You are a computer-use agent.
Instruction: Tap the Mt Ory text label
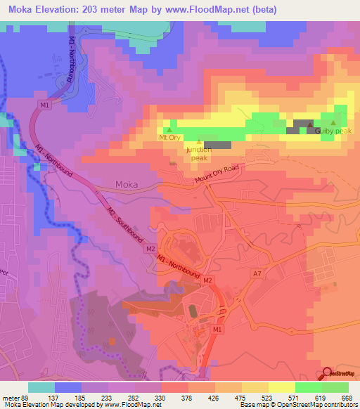pos(170,138)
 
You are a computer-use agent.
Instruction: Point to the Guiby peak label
pos(333,131)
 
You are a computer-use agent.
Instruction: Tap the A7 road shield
pos(257,273)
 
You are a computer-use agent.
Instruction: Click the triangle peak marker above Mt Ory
pos(169,129)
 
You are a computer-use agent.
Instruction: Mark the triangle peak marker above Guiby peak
pos(333,123)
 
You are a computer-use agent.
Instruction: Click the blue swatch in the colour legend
pos(68,387)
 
